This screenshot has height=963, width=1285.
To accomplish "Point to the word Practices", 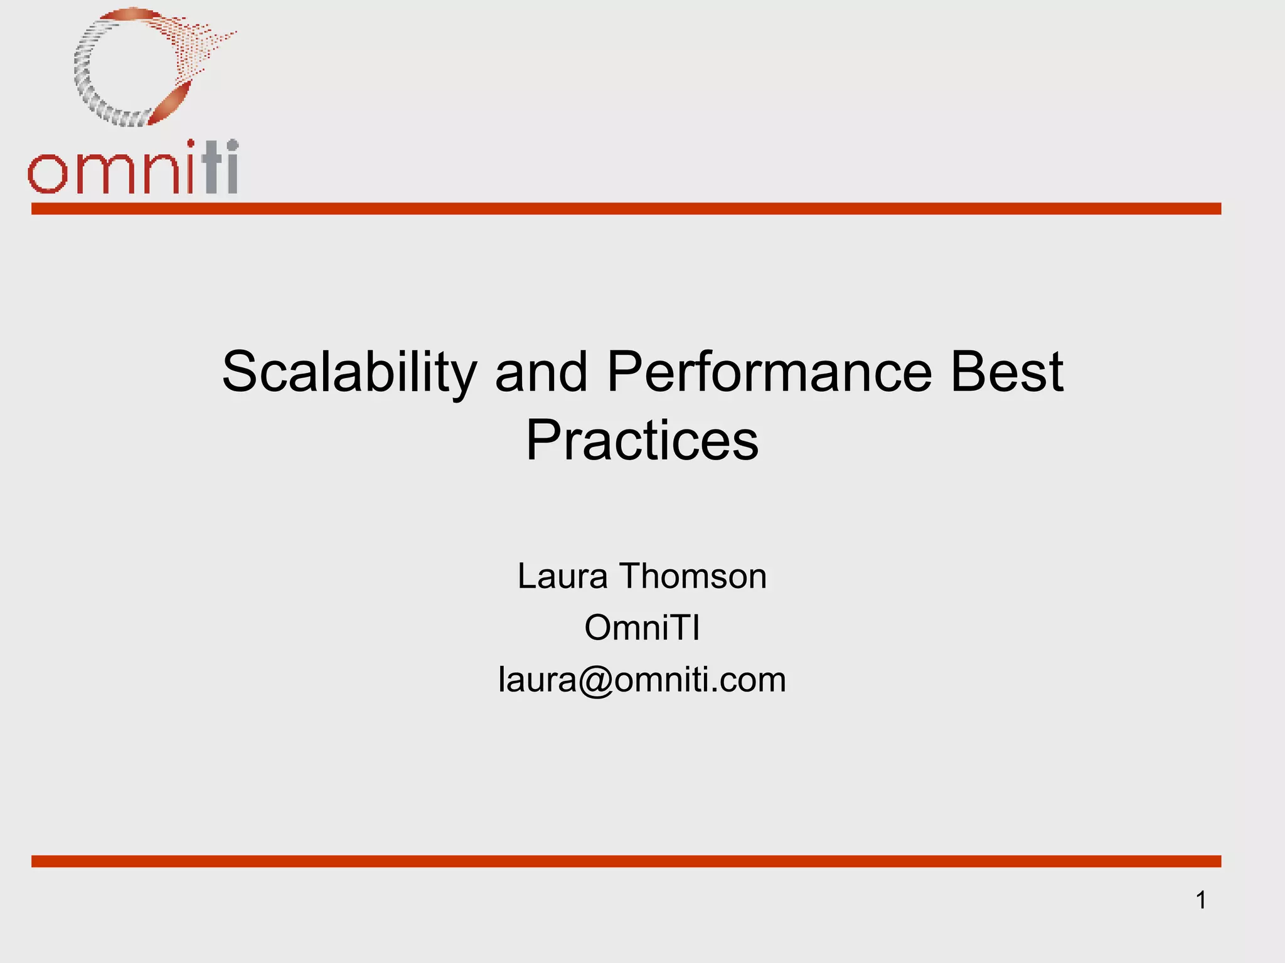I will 642,440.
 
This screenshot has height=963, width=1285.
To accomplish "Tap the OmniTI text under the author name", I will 642,628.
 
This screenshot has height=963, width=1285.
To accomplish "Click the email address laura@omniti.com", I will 642,680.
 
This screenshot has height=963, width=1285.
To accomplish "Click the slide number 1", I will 1201,900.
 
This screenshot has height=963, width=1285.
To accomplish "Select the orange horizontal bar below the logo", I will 626,209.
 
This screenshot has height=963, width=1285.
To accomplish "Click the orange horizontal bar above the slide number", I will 626,861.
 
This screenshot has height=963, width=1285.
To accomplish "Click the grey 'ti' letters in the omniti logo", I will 221,168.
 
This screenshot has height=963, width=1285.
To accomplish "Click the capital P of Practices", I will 543,440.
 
